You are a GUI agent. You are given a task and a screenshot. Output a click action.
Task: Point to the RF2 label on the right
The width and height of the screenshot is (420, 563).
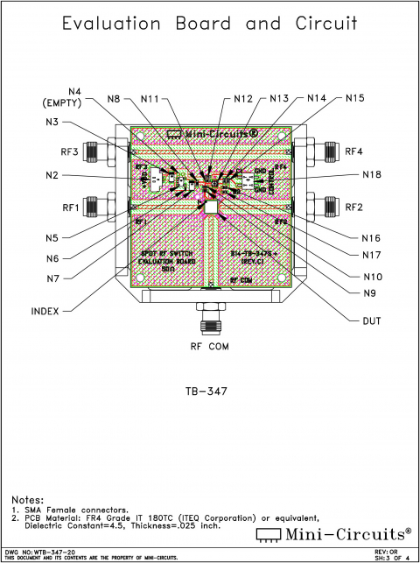pos(353,208)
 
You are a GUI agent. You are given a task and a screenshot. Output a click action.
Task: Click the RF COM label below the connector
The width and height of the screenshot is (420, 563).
pos(210,347)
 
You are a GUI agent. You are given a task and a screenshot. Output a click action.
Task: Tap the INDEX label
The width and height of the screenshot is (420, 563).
pos(45,311)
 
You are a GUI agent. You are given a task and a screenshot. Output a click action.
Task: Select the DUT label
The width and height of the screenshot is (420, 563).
pos(372,321)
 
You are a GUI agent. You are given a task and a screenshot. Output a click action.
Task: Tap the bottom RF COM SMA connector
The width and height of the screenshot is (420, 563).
pos(210,314)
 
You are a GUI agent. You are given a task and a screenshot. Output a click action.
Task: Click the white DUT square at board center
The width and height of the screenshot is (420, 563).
pos(211,207)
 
